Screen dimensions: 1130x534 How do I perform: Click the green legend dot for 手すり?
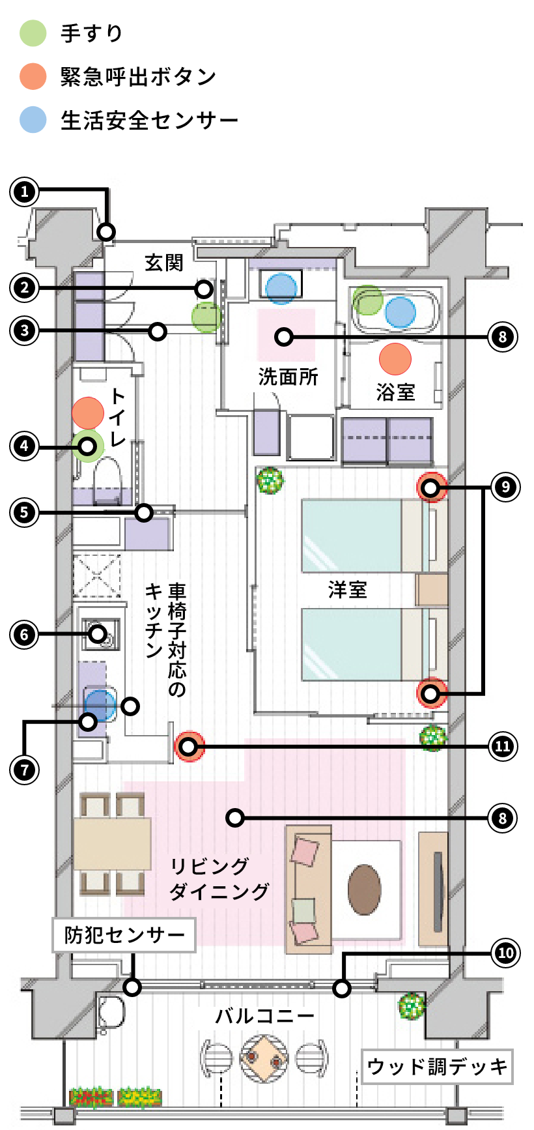click(x=33, y=33)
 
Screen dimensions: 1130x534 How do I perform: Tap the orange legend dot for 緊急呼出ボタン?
click(x=33, y=76)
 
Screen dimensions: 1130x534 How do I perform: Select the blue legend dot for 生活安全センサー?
click(x=33, y=120)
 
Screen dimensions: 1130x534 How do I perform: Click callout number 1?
click(x=25, y=192)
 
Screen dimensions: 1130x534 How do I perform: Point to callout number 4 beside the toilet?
click(x=25, y=446)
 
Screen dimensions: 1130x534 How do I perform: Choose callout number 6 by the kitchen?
click(x=25, y=634)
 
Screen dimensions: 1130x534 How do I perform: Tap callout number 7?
click(x=25, y=770)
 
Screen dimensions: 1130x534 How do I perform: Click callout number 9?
click(x=505, y=487)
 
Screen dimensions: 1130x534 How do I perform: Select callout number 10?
click(x=505, y=953)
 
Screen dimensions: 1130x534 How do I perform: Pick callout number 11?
click(x=503, y=746)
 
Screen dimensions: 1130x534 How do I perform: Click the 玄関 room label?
click(x=164, y=263)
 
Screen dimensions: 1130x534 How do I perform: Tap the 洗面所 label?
click(x=288, y=377)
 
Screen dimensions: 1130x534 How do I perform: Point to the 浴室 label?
click(x=395, y=392)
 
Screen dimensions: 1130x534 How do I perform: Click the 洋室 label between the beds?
click(x=347, y=590)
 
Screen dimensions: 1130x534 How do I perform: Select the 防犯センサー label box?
click(x=124, y=935)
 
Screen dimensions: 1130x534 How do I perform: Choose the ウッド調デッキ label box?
click(x=437, y=1067)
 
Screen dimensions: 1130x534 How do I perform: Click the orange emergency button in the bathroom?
click(x=395, y=358)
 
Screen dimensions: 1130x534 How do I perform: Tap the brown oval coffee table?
click(x=364, y=890)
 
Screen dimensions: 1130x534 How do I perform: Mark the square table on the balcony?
click(x=264, y=1058)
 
